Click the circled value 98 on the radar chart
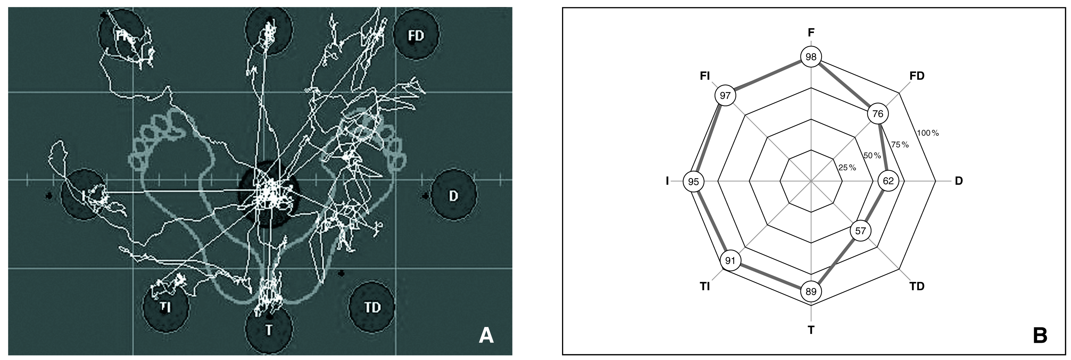(x=811, y=57)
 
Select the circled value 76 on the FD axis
(x=878, y=113)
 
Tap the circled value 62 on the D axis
(x=888, y=181)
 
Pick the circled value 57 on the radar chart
(x=860, y=231)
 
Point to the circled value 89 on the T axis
(x=811, y=292)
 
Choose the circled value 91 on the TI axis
(x=730, y=261)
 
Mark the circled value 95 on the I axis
(x=693, y=182)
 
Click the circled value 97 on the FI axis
(x=725, y=96)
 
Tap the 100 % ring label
(x=928, y=133)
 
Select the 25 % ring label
(x=847, y=168)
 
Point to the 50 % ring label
(x=872, y=156)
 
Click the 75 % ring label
(x=900, y=144)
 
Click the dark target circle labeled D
(x=453, y=195)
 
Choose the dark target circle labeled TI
(x=165, y=307)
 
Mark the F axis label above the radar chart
(x=811, y=32)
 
